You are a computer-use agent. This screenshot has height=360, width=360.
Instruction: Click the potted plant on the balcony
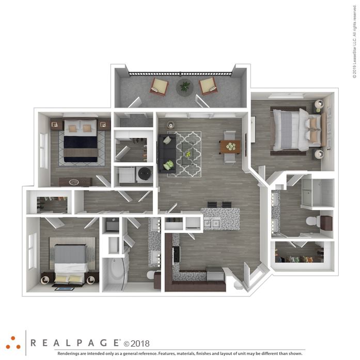(x=185, y=87)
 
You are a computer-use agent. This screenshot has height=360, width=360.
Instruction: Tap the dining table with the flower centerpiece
(x=230, y=147)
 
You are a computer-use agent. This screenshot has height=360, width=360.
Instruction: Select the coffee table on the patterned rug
(x=188, y=154)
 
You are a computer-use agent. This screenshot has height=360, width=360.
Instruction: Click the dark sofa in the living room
(x=167, y=153)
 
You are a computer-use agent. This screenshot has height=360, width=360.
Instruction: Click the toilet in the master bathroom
(x=312, y=221)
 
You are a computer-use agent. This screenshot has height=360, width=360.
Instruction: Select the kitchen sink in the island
(x=211, y=223)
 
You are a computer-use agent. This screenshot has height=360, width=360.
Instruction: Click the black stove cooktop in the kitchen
(x=176, y=254)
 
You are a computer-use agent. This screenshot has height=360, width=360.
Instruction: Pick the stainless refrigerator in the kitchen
(x=214, y=274)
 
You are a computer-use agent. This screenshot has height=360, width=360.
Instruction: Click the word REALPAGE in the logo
(x=75, y=343)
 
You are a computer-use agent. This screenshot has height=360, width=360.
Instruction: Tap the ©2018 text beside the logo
(x=136, y=343)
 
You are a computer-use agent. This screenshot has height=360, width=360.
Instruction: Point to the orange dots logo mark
(x=13, y=343)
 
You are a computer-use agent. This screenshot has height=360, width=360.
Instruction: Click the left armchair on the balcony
(x=159, y=87)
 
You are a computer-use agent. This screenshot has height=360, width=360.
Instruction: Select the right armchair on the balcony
(x=208, y=86)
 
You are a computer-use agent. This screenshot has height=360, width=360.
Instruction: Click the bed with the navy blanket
(x=81, y=140)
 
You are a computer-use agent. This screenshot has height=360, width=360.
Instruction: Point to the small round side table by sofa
(x=170, y=125)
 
